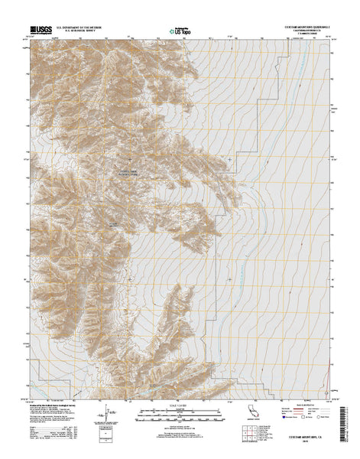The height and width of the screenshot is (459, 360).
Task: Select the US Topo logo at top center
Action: click(179, 32)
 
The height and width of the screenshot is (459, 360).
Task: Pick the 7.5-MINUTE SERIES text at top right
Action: click(314, 35)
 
